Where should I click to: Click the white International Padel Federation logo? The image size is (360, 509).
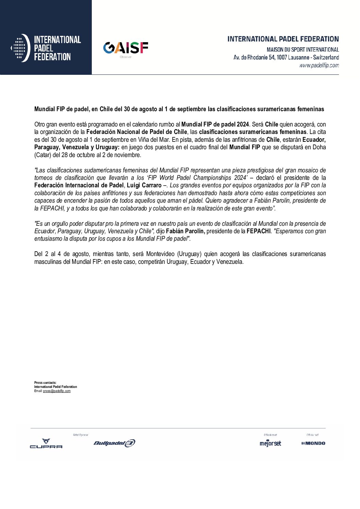46,48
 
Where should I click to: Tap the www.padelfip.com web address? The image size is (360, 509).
319,65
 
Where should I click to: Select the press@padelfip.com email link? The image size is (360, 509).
57,391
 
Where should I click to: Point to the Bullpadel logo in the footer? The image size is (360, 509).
114,443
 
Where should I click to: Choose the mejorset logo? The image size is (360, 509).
270,443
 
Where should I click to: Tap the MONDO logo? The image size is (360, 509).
313,443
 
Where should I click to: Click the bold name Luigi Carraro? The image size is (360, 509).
144,185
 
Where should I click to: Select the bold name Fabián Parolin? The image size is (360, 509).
185,231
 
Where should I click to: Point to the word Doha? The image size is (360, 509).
319,147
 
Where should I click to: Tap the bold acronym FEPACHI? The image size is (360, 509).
258,231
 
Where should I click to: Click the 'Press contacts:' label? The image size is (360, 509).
45,383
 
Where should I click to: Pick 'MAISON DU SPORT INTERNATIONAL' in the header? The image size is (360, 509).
302,50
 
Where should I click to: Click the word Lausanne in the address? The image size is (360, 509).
298,57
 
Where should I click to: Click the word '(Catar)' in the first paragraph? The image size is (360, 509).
43,155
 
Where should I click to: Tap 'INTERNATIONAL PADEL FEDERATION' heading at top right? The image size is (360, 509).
283,39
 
